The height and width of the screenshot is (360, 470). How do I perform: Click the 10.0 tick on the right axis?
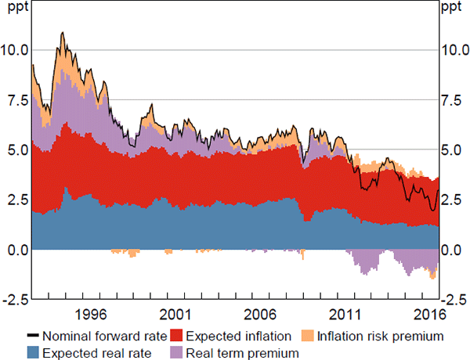coord(454,49)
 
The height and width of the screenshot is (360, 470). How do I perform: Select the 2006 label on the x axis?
coord(258,314)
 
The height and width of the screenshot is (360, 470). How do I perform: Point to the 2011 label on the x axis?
coord(344,314)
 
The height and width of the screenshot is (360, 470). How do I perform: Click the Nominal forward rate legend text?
coord(106,337)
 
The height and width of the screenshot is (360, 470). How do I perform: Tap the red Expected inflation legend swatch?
coord(176,337)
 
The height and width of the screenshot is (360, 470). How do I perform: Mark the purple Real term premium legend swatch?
coord(176,353)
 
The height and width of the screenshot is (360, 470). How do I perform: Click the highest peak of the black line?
coord(62,33)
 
